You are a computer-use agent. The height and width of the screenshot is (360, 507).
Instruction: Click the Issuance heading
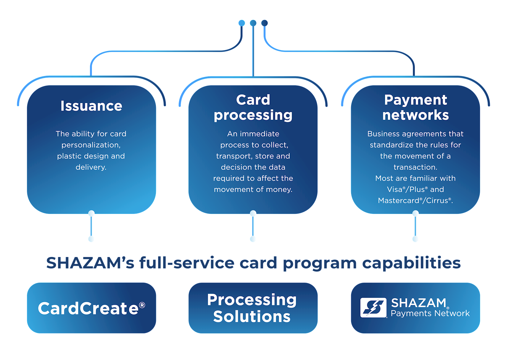pyautogui.click(x=91, y=106)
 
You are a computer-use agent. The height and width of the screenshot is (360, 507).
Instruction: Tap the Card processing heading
pyautogui.click(x=253, y=107)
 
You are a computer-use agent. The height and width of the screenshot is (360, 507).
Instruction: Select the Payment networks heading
pyautogui.click(x=415, y=107)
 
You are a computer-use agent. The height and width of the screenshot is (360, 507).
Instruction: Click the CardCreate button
pyautogui.click(x=91, y=308)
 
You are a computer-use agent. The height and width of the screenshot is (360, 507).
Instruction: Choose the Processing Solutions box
pyautogui.click(x=253, y=308)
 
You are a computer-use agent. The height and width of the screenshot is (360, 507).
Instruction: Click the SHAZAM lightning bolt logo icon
pyautogui.click(x=373, y=307)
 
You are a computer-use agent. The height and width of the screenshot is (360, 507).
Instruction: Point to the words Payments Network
pyautogui.click(x=430, y=313)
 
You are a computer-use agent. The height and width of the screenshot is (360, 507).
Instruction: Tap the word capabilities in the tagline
pyautogui.click(x=411, y=263)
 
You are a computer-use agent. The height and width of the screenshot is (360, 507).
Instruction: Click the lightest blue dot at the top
pyautogui.click(x=242, y=23)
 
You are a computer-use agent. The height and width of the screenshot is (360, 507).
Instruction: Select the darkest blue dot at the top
pyautogui.click(x=265, y=23)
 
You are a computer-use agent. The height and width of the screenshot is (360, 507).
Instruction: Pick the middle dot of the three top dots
pyautogui.click(x=253, y=23)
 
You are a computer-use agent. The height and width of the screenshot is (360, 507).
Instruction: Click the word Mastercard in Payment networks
pyautogui.click(x=398, y=201)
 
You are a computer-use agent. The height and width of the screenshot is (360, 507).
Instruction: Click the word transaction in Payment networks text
pyautogui.click(x=415, y=167)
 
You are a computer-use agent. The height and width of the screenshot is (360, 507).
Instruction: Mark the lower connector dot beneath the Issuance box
pyautogui.click(x=92, y=239)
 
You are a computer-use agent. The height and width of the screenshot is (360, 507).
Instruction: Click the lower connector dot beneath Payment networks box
pyautogui.click(x=415, y=239)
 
